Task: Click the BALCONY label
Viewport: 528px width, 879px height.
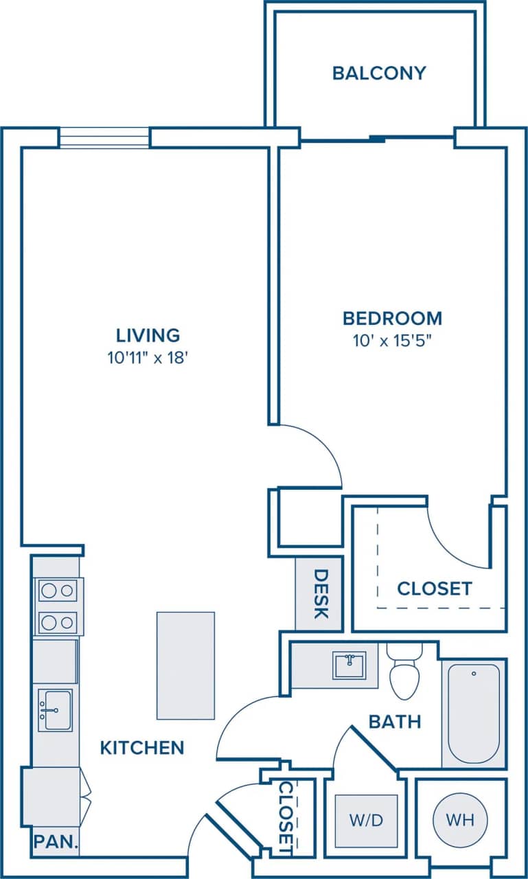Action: pos(379,73)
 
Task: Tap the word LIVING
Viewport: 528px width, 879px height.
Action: pos(148,335)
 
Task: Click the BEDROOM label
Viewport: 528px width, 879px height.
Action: pos(392,318)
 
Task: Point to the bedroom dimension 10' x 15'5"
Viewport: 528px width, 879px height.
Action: pos(392,340)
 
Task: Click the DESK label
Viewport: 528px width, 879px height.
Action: pos(320,593)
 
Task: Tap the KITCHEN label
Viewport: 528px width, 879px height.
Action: pos(142,747)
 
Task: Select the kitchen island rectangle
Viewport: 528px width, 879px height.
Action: pos(185,665)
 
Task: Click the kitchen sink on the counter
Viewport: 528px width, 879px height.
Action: pos(54,710)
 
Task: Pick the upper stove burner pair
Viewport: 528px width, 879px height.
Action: pos(57,590)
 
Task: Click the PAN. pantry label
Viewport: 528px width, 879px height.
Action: pos(56,841)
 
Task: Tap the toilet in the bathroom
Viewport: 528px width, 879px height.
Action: pos(404,673)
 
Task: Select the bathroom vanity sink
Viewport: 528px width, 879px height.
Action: pos(349,665)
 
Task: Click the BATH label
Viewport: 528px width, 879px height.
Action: pos(395,722)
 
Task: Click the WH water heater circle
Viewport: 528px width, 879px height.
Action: pos(460,819)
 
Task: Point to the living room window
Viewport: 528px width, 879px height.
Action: pos(104,137)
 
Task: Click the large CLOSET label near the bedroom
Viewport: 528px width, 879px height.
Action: pos(435,589)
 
